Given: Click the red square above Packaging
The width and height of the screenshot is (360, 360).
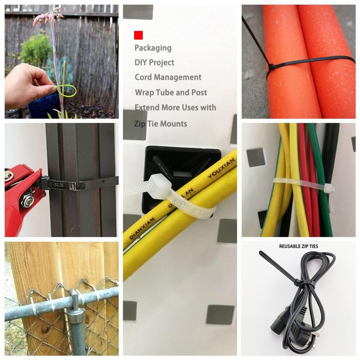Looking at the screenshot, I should (138, 35).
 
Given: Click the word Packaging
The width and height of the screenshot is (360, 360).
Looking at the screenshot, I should (153, 48).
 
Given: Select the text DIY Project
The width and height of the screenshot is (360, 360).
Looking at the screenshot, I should (154, 63).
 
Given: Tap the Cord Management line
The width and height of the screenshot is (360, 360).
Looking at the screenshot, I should (168, 77).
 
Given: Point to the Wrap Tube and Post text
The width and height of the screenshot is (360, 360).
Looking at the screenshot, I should (171, 93).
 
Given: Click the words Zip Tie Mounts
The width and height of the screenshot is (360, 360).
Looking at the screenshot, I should (161, 123).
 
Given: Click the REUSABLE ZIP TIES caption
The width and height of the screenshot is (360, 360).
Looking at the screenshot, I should (298, 246).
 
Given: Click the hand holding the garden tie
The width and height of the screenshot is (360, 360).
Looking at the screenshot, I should (27, 85).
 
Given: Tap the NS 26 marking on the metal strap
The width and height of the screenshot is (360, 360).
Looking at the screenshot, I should (59, 184).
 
